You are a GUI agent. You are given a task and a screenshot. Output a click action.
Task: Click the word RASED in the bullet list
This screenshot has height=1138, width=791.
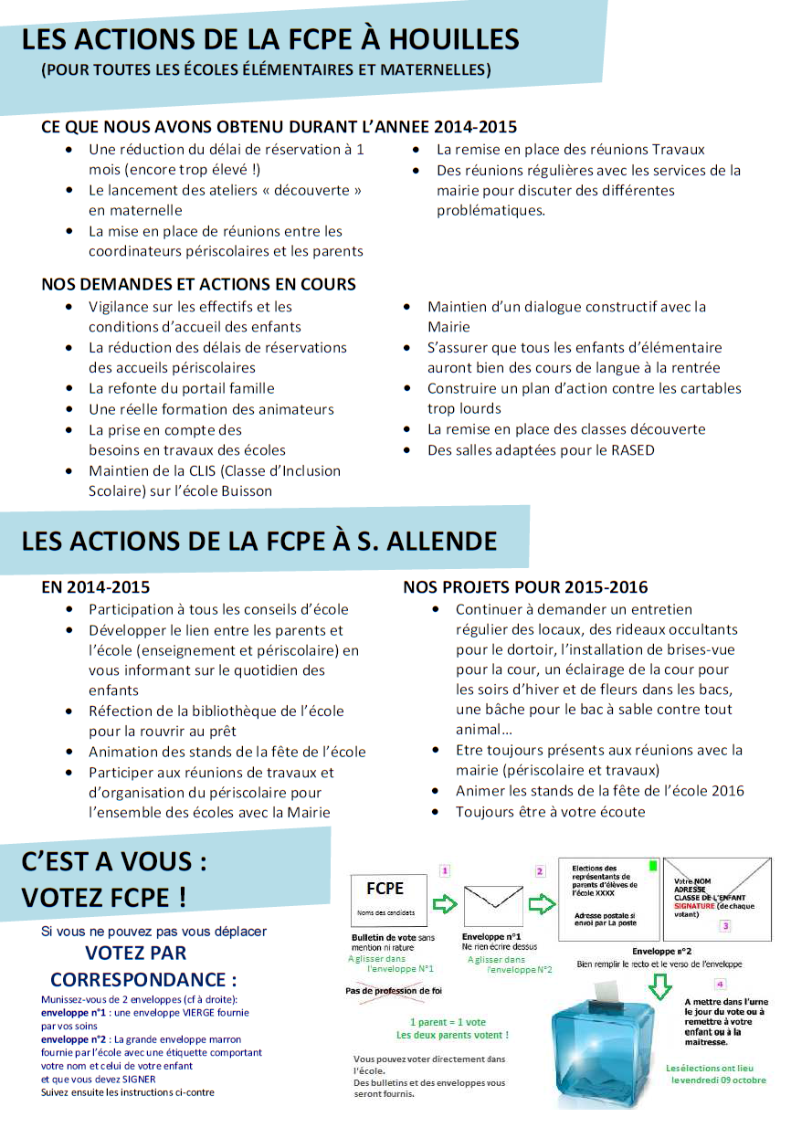(634, 450)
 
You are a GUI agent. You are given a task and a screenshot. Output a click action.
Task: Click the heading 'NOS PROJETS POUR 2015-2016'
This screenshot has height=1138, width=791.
(525, 587)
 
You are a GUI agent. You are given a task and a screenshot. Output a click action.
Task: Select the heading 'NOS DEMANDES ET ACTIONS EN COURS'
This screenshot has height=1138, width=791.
(198, 284)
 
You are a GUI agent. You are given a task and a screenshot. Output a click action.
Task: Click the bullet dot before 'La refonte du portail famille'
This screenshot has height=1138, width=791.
(70, 388)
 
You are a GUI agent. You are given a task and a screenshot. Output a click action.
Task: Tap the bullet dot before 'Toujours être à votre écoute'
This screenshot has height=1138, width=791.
(438, 811)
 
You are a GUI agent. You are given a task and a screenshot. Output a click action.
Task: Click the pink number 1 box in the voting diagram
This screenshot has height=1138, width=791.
(445, 871)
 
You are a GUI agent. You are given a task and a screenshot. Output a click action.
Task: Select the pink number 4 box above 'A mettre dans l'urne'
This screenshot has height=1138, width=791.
(720, 984)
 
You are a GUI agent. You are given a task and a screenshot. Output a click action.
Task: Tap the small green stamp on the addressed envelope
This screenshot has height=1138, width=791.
(651, 863)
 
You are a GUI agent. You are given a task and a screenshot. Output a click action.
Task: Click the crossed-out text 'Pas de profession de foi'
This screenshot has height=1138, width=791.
(393, 991)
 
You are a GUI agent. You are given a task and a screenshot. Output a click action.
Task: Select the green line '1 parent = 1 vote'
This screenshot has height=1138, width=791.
(448, 1022)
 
